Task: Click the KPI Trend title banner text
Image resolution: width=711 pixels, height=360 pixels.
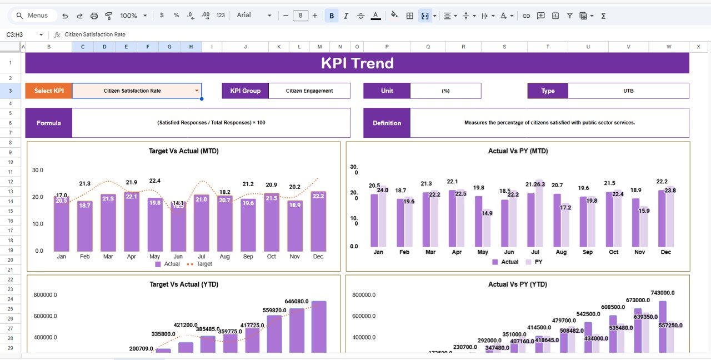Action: [x=357, y=63]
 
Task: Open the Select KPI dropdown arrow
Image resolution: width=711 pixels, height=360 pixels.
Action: [x=196, y=91]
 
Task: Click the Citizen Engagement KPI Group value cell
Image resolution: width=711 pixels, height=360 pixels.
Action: [x=309, y=91]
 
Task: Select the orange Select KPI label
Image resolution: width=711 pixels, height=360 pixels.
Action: [x=49, y=91]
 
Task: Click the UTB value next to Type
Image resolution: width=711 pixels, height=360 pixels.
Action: [x=628, y=91]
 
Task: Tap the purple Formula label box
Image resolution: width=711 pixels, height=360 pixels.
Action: [x=49, y=123]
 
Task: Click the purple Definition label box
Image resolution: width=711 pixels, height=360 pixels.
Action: [x=387, y=123]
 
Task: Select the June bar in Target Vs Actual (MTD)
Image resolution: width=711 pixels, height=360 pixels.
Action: [x=178, y=228]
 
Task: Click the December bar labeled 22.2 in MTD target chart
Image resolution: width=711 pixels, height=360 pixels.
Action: [x=318, y=222]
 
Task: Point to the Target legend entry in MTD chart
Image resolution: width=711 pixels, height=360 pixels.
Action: [x=201, y=264]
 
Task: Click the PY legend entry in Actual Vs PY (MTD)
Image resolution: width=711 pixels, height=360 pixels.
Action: [x=534, y=262]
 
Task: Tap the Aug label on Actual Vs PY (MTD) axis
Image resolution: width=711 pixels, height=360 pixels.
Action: [x=560, y=252]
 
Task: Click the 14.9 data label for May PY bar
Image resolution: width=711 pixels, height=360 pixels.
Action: [x=487, y=213]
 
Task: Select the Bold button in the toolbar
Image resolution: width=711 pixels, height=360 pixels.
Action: [x=332, y=16]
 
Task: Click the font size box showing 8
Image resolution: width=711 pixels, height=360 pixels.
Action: [x=301, y=16]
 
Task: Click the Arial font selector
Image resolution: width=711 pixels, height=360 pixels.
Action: [x=254, y=16]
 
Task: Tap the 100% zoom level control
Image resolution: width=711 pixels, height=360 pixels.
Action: [x=133, y=16]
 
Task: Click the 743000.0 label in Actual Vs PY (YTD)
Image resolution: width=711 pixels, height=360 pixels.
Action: [x=662, y=293]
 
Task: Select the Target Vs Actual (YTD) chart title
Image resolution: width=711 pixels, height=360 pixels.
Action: [x=184, y=284]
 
